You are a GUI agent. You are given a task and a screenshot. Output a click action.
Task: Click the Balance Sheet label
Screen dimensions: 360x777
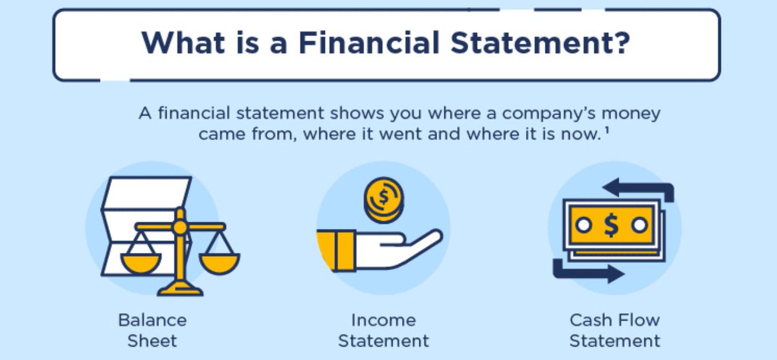(152, 330)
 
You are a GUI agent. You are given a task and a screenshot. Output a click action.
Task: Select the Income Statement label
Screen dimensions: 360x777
(383, 330)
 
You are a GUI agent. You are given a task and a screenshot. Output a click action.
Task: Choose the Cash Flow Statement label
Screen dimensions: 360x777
(614, 330)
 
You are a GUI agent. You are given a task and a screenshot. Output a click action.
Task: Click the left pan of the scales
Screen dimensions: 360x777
(141, 262)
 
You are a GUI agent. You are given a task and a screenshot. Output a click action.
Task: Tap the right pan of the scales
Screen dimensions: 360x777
(220, 263)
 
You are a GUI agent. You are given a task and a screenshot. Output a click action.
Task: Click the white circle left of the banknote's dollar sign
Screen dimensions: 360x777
(583, 225)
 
